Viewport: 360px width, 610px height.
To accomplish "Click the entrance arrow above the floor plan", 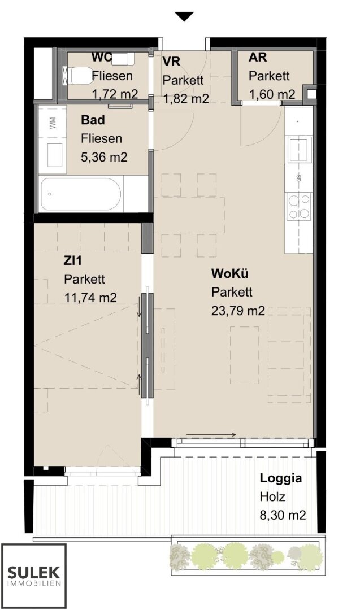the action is pos(184,17).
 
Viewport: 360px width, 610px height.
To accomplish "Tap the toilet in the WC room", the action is pos(76,75).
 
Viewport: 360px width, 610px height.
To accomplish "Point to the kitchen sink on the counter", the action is pos(300,149).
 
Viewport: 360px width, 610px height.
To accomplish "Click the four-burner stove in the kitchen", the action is pos(299,206).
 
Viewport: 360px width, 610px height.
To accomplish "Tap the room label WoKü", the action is pos(229,273).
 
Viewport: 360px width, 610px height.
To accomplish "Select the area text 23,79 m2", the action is pos(238,311).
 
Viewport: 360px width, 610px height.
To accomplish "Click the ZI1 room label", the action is pos(73,260).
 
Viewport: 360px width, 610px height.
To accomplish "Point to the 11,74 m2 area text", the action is pos(90,298).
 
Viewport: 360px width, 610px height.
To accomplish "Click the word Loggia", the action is pos(281,478).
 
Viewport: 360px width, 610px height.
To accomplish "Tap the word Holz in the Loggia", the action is pos(272,496).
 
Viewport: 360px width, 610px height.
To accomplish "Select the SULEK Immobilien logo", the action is pos(34,576).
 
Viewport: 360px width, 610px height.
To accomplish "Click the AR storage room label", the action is pos(258,57).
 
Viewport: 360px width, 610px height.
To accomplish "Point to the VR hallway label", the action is pos(171,62).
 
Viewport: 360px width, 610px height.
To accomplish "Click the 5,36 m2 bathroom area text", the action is pos(104,157).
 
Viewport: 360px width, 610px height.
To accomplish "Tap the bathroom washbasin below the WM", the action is pos(54,155).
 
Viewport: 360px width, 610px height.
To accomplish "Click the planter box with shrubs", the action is pos(248,555).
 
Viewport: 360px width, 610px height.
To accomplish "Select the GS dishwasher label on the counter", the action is pos(299,178).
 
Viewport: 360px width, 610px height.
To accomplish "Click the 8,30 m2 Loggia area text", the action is pos(283,515).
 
